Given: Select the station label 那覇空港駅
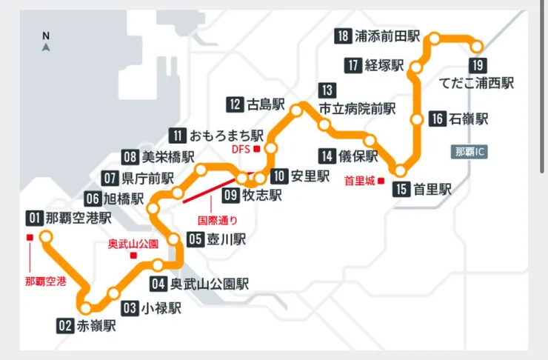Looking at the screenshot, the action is [78, 218].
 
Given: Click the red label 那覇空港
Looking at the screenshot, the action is [45, 281].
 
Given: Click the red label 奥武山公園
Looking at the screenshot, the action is [133, 244].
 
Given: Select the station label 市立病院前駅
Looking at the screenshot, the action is [358, 108].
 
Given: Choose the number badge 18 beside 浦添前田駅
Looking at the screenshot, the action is [343, 36].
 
